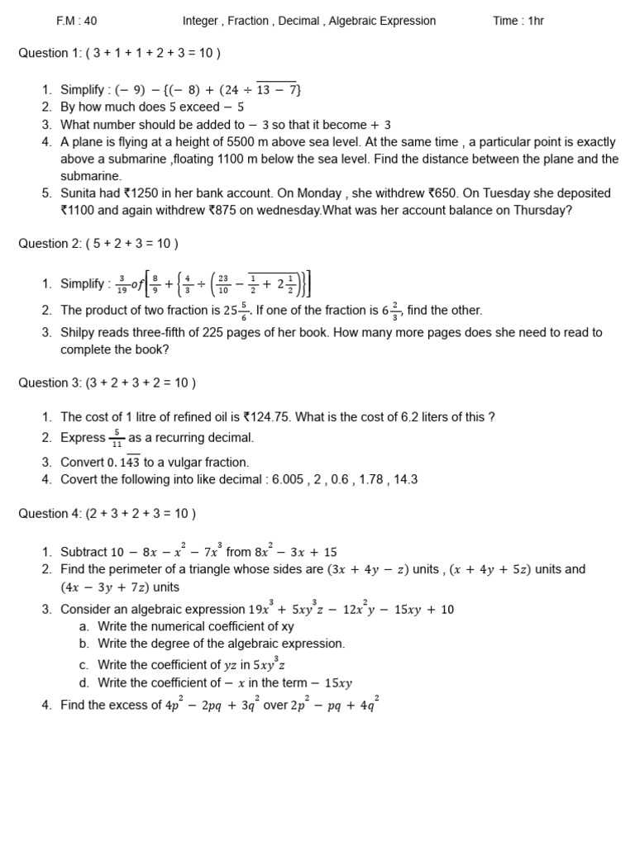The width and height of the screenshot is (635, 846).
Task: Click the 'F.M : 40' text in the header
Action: (x=76, y=21)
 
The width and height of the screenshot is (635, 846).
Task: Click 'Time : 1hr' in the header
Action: (x=518, y=21)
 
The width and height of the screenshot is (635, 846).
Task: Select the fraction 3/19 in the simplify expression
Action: (x=122, y=284)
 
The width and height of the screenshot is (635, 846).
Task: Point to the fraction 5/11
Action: (x=117, y=438)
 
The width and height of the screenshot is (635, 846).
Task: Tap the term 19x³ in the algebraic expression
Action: (x=261, y=609)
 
